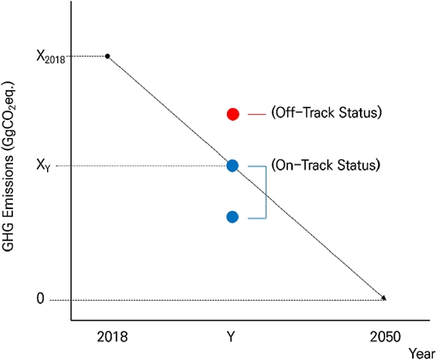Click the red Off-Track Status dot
pyautogui.click(x=232, y=114)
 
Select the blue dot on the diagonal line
pyautogui.click(x=232, y=165)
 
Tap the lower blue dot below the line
pyautogui.click(x=232, y=217)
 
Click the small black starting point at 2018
pyautogui.click(x=107, y=57)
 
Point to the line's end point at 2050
pyautogui.click(x=384, y=298)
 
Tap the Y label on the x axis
pyautogui.click(x=232, y=334)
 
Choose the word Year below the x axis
pyautogui.click(x=421, y=352)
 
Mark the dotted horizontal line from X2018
pyautogui.click(x=86, y=57)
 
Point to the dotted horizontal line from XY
pyautogui.click(x=146, y=165)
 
